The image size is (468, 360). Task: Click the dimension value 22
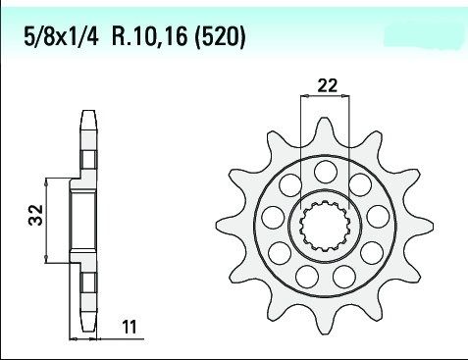pos(327,85)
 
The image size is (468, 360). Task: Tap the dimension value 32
pos(35,215)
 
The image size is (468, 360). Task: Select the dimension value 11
pos(130,327)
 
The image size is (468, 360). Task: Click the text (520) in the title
pos(220,36)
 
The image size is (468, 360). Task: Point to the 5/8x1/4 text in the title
pos(61,36)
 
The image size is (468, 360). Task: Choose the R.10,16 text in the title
pos(150,36)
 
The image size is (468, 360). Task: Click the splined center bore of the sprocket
pos(325,226)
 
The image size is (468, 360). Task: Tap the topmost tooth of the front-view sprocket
pos(324,130)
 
